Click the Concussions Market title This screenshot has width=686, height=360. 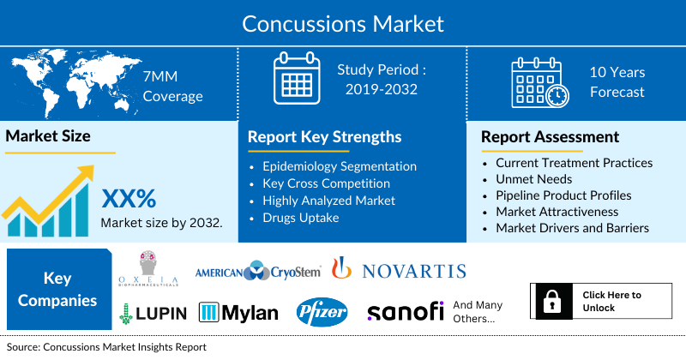click(x=343, y=24)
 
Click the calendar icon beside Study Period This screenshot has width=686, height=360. click(x=297, y=78)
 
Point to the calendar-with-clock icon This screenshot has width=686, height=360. click(x=540, y=82)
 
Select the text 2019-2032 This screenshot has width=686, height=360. click(x=381, y=89)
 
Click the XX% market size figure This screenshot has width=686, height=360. click(x=129, y=199)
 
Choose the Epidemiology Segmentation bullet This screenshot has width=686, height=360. click(x=339, y=166)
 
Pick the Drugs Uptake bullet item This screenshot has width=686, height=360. click(x=301, y=218)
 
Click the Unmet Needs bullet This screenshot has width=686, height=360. click(x=533, y=179)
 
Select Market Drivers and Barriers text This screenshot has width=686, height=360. click(x=572, y=228)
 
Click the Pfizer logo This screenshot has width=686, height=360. click(x=322, y=312)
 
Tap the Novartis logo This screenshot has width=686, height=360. click(x=399, y=269)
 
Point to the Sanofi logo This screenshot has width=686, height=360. click(x=406, y=311)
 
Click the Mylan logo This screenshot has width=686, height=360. click(x=238, y=313)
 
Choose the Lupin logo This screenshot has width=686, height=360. click(x=153, y=313)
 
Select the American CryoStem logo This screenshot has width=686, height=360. click(x=258, y=271)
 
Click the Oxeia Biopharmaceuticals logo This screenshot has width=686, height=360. click(x=148, y=268)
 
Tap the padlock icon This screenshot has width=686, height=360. click(x=551, y=301)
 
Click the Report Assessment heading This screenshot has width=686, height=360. click(x=550, y=137)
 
